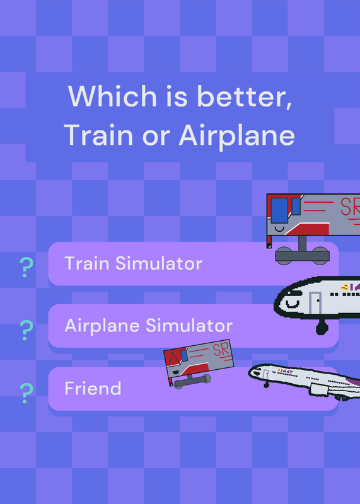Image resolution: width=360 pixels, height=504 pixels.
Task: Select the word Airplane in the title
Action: click(x=237, y=135)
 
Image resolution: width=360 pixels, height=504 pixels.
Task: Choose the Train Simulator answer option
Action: click(x=194, y=263)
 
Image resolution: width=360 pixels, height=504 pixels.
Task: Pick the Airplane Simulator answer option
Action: click(x=194, y=326)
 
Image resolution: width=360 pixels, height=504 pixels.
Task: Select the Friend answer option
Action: click(x=194, y=389)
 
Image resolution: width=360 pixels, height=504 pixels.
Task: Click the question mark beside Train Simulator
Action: click(x=26, y=267)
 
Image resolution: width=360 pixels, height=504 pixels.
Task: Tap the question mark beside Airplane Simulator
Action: click(x=26, y=330)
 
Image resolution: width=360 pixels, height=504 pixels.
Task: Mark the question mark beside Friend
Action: click(x=26, y=393)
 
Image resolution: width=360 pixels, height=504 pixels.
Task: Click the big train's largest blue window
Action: click(x=279, y=210)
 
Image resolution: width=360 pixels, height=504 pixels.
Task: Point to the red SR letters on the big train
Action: click(x=350, y=207)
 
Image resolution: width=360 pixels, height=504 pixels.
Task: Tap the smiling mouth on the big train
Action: click(x=279, y=229)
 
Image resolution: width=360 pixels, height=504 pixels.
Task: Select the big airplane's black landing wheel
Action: click(x=322, y=328)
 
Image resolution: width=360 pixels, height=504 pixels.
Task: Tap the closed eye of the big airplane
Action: click(x=293, y=304)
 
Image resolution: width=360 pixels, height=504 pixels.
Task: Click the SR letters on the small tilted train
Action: click(x=221, y=350)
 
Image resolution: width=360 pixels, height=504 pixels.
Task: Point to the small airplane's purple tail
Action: click(x=354, y=382)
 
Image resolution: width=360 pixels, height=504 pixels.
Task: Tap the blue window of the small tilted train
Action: click(x=183, y=355)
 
